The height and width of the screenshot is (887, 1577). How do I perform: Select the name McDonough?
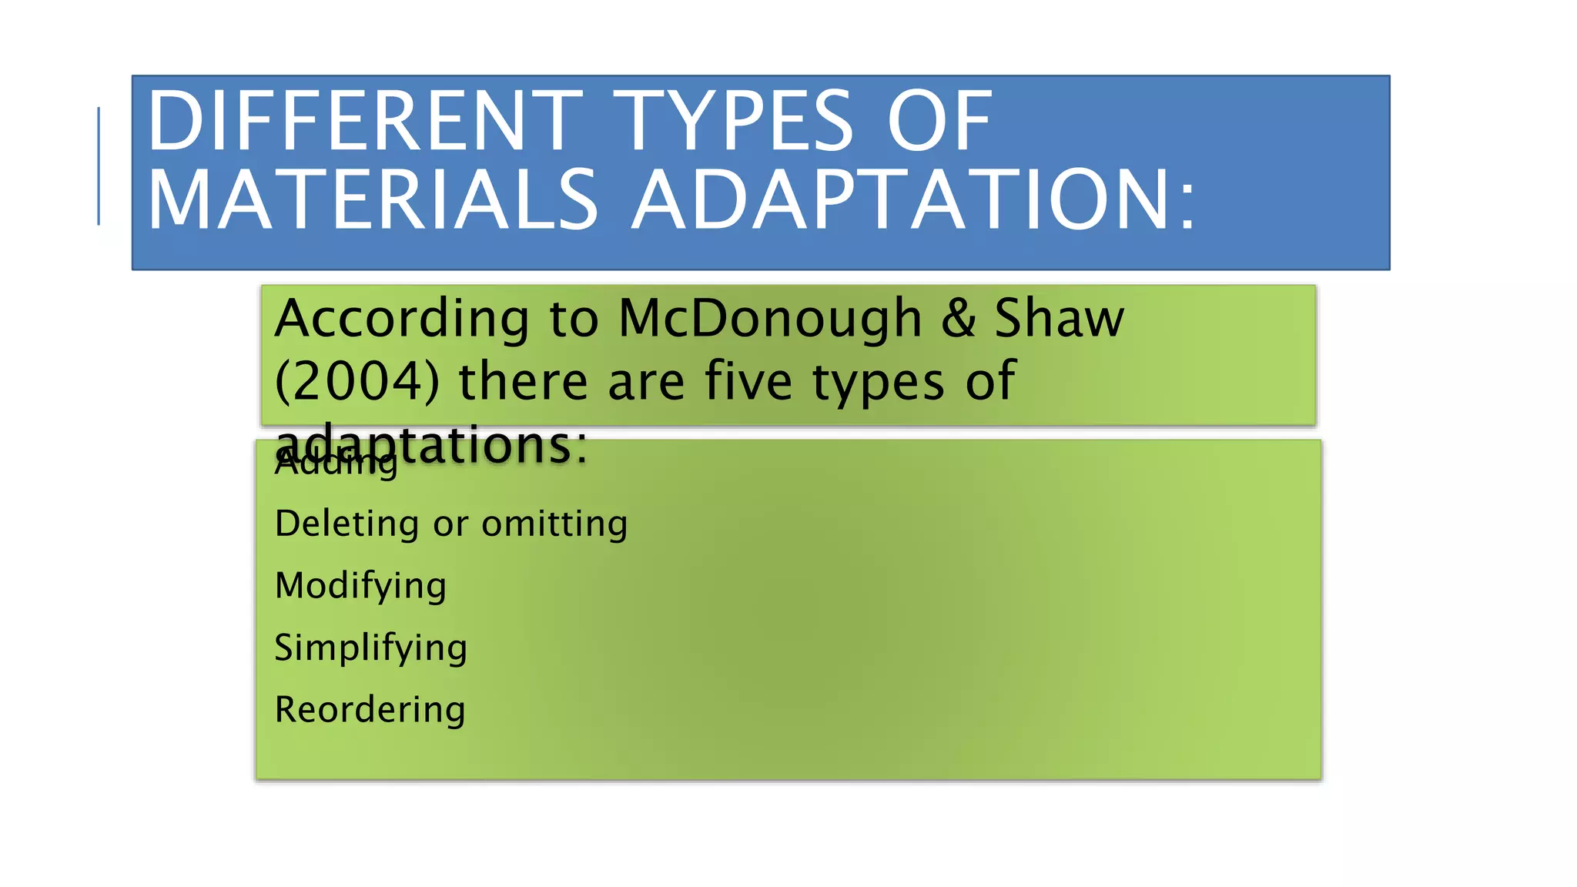770,319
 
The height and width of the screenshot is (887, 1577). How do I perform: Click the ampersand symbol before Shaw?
958,319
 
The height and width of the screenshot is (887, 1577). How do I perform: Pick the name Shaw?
1059,319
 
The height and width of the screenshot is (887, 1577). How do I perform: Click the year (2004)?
357,382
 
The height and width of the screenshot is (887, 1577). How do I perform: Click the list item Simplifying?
370,648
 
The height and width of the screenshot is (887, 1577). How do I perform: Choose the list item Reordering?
370,710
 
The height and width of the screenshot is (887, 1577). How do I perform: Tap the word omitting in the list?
554,524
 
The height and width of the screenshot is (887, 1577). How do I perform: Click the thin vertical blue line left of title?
99,166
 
